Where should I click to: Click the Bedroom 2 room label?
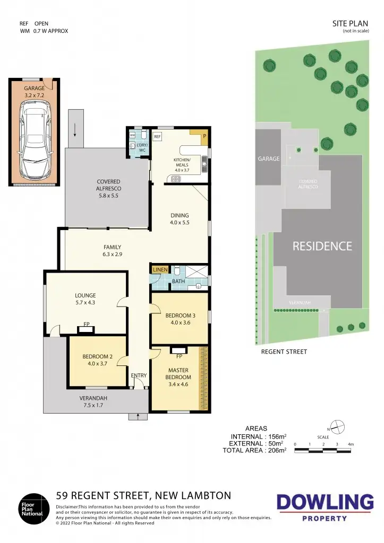click(x=96, y=360)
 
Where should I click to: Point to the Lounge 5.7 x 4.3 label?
click(x=85, y=299)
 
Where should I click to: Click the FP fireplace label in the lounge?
click(x=86, y=324)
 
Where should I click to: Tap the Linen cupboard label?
click(x=160, y=270)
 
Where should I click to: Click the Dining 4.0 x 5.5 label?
click(x=180, y=219)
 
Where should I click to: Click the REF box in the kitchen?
click(x=157, y=137)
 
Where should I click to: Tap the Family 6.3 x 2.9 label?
click(x=112, y=250)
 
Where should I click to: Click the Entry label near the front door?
click(x=139, y=375)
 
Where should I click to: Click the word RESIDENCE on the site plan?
click(x=322, y=246)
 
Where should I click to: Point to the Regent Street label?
click(x=284, y=352)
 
